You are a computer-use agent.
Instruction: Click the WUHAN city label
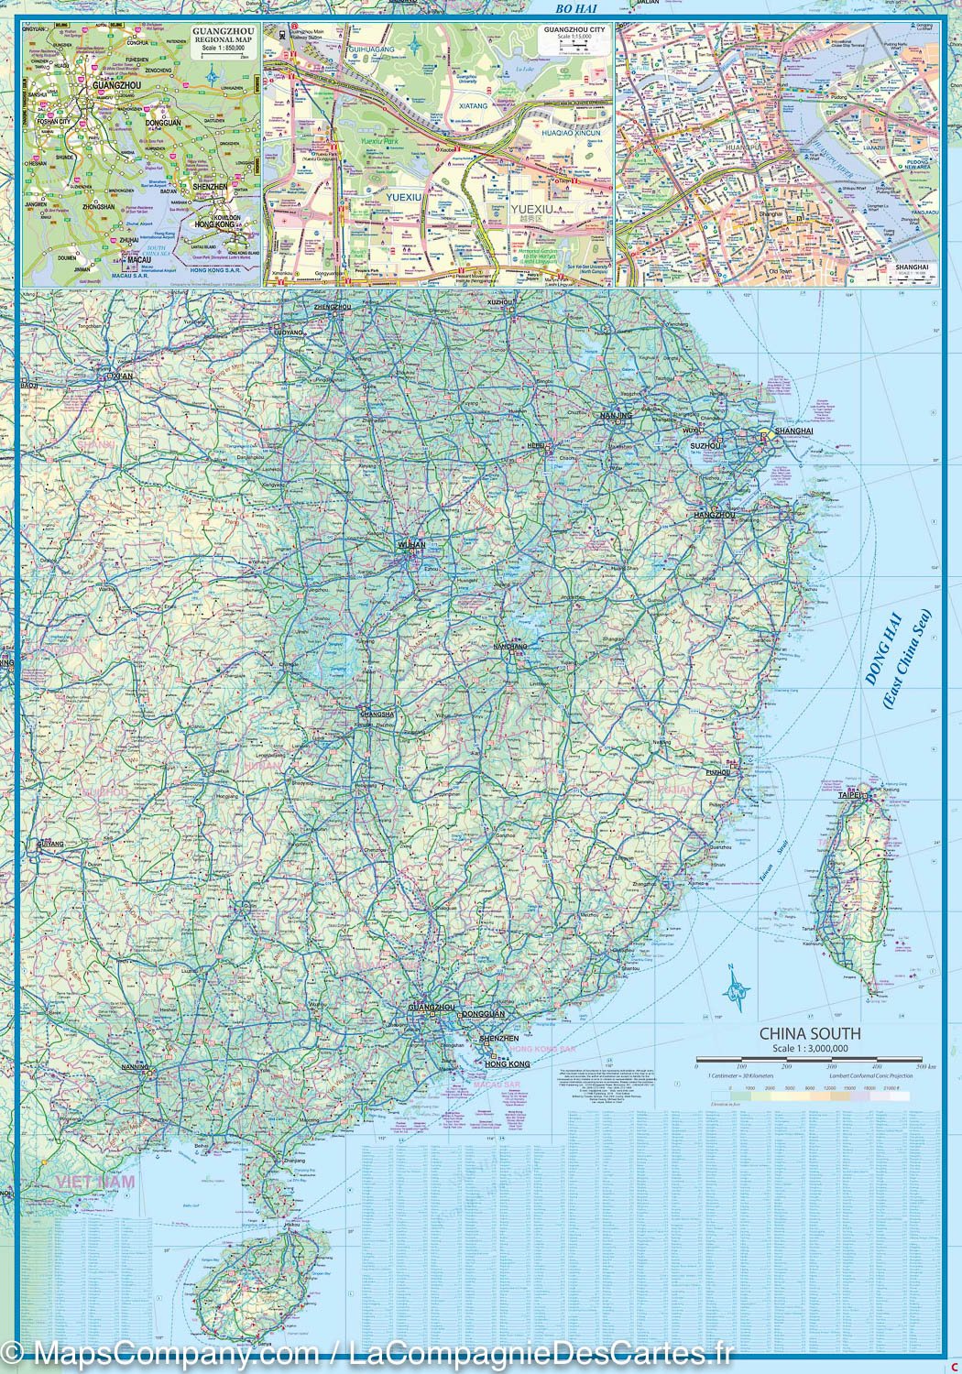411,544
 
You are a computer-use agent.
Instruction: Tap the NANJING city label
616,416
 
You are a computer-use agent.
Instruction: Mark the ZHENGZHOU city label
333,307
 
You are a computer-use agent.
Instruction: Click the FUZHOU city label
718,772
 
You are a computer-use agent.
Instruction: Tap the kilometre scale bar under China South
815,1060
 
